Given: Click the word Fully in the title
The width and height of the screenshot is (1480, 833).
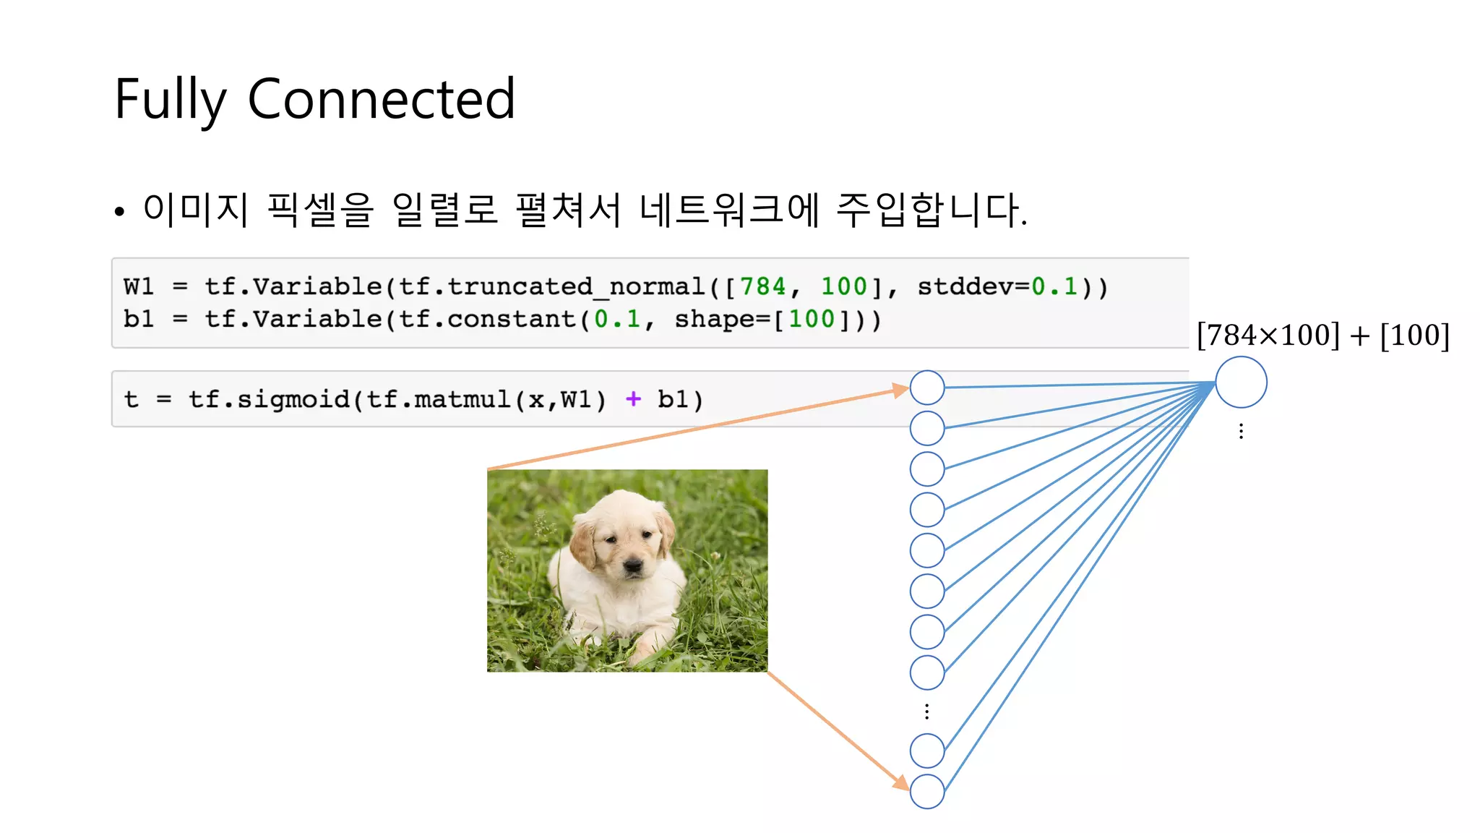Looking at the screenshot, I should coord(171,100).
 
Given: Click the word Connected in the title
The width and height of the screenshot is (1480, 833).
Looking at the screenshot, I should coord(381,100).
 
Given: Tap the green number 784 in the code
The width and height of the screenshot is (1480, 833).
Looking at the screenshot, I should coord(762,286).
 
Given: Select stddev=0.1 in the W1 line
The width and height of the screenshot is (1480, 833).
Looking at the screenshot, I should coord(997,286).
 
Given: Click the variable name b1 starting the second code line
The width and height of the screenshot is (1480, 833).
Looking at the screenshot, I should coord(138,319).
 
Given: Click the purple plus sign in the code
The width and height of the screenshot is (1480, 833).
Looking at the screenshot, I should coord(633,398).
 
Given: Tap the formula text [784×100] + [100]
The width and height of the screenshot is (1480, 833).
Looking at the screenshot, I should coord(1322,336).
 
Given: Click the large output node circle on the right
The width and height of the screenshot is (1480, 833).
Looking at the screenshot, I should coord(1241,383).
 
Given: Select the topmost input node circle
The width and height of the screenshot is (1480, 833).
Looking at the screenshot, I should coord(927,388).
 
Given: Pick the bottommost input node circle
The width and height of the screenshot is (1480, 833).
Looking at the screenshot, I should coord(927,791).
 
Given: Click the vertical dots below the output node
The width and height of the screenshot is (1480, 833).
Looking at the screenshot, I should coord(1241,432).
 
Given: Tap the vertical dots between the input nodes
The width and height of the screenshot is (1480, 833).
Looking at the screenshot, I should coord(927,712).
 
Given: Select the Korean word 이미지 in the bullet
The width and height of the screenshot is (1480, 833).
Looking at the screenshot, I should coord(195,210).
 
